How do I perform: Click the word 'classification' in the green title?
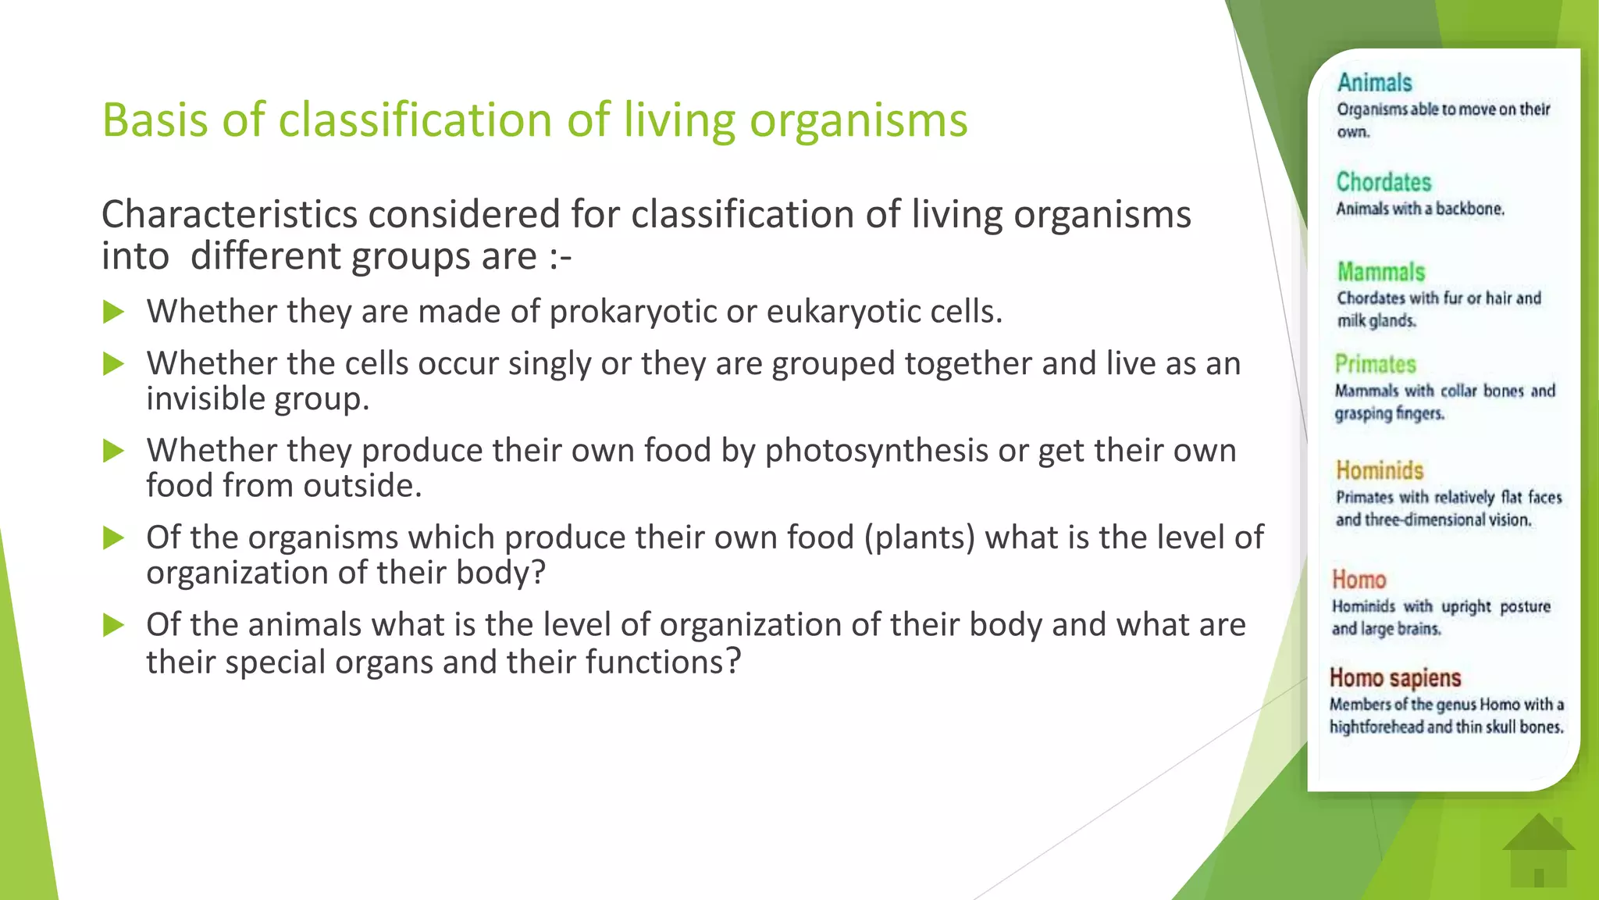pos(415,120)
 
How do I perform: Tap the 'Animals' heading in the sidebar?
pos(1374,83)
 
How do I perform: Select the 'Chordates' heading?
pos(1384,182)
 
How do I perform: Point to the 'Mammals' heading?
pos(1380,272)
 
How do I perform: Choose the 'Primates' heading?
pos(1375,364)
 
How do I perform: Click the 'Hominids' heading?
pos(1380,470)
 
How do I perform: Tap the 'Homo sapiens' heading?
pos(1395,677)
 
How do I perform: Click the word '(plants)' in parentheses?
pos(920,537)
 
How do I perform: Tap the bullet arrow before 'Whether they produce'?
pos(114,451)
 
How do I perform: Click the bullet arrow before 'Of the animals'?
pos(114,625)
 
